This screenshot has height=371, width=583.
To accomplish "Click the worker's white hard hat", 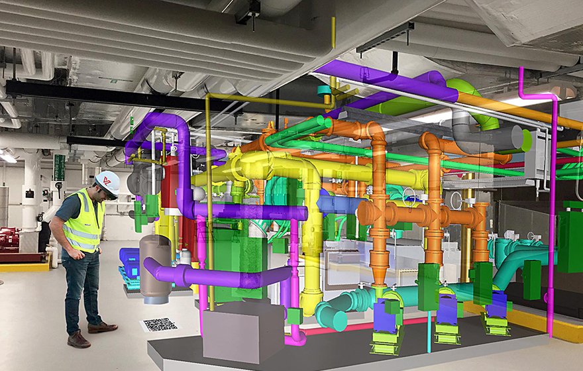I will point(107,183).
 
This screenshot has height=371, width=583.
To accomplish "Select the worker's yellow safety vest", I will point(85,223).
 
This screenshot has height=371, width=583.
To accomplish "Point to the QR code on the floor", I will point(160,325).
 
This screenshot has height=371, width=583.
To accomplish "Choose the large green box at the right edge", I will point(570,242).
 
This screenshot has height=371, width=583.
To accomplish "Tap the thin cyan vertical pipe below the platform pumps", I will point(429,338).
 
